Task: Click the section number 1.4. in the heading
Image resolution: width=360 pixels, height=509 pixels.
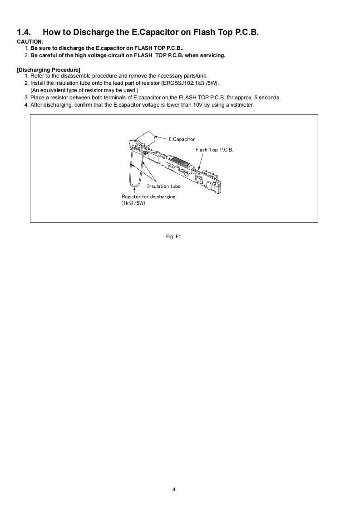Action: click(x=25, y=32)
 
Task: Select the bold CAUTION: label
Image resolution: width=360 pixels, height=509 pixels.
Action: click(x=30, y=42)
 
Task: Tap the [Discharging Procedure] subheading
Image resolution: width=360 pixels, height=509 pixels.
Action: click(x=49, y=69)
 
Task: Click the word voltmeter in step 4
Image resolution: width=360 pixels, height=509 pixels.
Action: click(x=242, y=105)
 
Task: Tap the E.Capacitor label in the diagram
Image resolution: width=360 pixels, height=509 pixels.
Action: click(x=182, y=139)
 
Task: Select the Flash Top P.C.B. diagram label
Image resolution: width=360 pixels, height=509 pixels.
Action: click(x=214, y=150)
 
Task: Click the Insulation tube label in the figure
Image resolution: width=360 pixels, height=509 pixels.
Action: click(x=163, y=186)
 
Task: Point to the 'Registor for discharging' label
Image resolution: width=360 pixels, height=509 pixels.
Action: click(x=148, y=196)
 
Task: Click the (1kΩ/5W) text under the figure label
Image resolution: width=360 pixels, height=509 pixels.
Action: click(x=133, y=203)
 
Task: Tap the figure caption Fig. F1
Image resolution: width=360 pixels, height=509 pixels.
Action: click(x=174, y=236)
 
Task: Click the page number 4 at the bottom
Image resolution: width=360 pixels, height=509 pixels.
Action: click(x=174, y=489)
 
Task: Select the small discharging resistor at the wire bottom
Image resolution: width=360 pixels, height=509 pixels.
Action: click(x=134, y=186)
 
